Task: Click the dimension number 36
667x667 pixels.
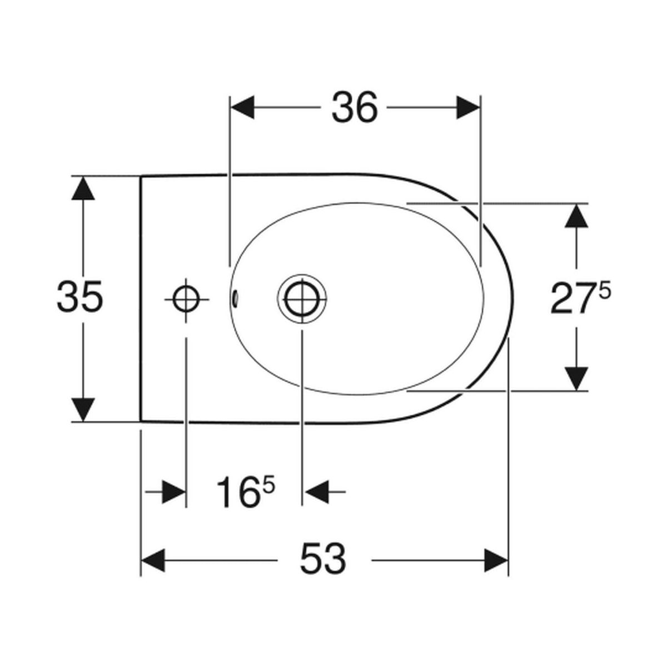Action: (354, 108)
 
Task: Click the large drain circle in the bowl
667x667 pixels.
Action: (302, 300)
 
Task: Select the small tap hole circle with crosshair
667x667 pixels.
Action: (187, 300)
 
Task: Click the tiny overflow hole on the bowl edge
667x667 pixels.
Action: (236, 299)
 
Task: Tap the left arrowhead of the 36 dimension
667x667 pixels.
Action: (242, 108)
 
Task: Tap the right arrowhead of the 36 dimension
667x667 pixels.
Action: (469, 108)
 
